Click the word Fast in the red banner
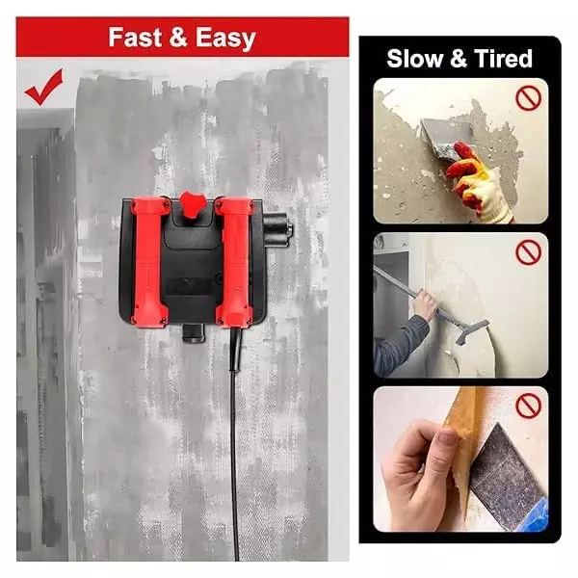point(134,38)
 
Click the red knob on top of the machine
point(190,204)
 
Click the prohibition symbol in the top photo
point(525,99)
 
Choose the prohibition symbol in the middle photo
point(526,253)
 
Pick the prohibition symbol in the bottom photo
point(526,406)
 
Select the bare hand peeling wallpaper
point(424,472)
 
